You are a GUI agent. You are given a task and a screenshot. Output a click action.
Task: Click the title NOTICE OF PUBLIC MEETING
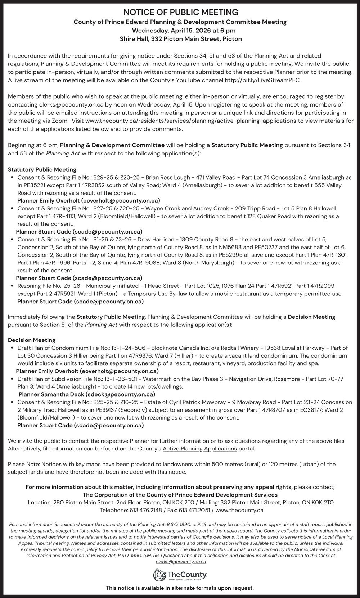180,12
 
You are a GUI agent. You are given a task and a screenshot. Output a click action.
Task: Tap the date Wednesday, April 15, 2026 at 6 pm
180,30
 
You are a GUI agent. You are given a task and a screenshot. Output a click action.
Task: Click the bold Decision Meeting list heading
32,340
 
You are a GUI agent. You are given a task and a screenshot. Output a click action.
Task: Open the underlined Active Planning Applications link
200,449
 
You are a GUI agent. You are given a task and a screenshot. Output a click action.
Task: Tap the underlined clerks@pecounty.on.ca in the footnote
181,562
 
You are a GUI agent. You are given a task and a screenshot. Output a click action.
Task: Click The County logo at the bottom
180,574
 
